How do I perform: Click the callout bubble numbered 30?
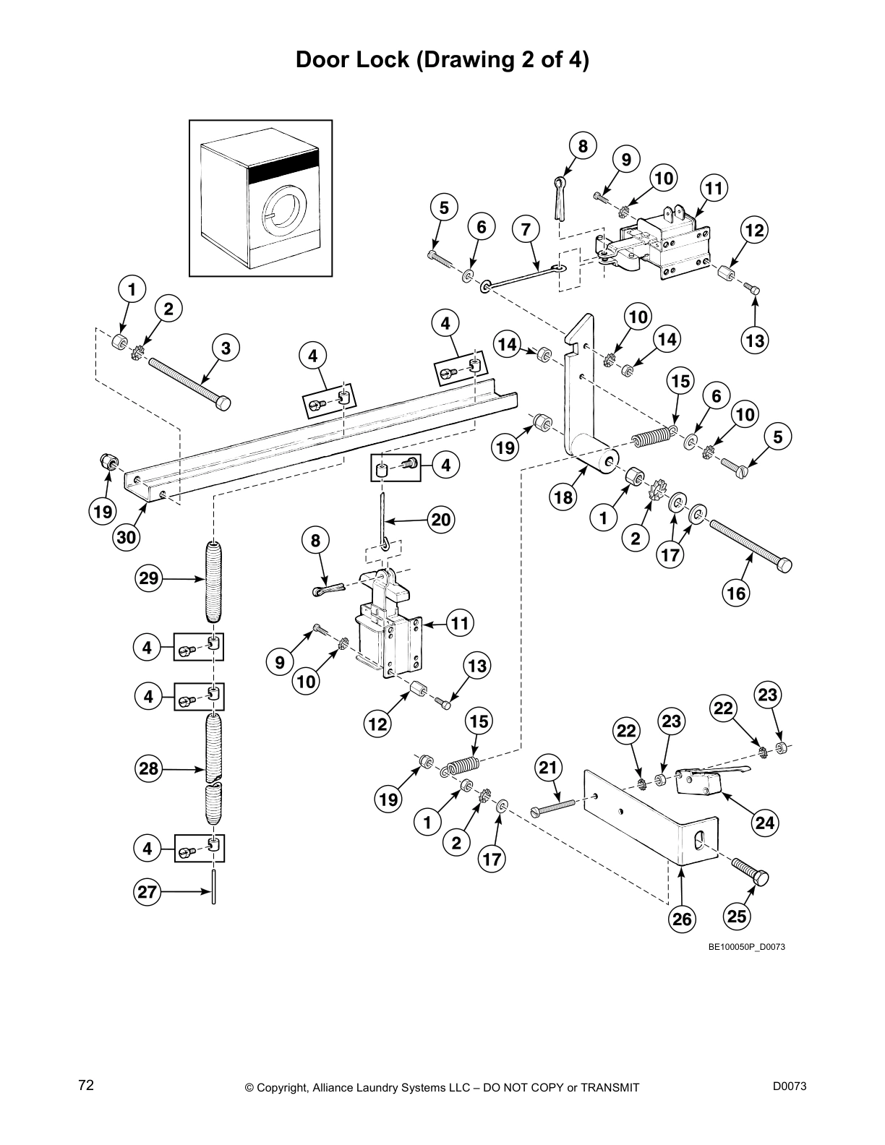127,537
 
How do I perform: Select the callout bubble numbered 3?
226,348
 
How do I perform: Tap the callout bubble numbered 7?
526,230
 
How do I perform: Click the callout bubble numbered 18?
563,497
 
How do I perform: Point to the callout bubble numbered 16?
736,593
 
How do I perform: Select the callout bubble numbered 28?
149,768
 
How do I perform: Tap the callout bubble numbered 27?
147,892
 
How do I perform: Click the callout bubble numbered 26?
682,919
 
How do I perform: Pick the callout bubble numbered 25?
736,917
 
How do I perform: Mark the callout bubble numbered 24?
764,822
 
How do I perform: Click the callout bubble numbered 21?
549,767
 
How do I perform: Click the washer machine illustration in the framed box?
260,198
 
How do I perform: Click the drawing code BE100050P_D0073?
746,947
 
